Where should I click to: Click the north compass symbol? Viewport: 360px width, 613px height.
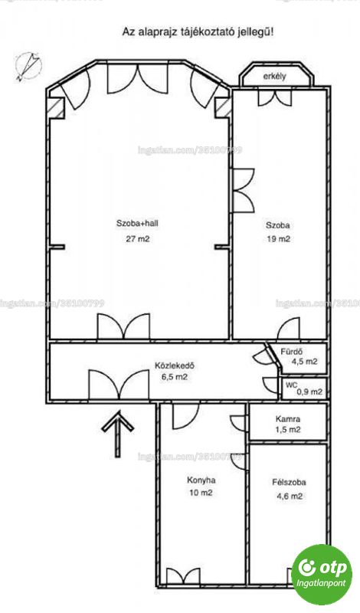click(x=28, y=66)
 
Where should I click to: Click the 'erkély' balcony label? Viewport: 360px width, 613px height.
click(x=274, y=76)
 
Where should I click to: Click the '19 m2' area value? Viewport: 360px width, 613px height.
click(x=278, y=239)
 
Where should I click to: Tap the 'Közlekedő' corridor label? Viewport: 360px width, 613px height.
click(x=175, y=366)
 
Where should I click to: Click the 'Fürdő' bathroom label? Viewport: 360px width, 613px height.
click(x=292, y=351)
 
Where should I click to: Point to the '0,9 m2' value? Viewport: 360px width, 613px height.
click(x=310, y=392)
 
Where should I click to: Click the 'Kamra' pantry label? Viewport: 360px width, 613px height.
click(x=288, y=419)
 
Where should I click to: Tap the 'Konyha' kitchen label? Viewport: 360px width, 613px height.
click(x=201, y=480)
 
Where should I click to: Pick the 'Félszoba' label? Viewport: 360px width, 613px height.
click(x=289, y=482)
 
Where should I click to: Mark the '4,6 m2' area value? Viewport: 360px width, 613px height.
click(x=289, y=497)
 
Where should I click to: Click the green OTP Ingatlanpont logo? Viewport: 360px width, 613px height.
click(x=322, y=574)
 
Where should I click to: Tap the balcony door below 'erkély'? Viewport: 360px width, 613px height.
click(x=275, y=98)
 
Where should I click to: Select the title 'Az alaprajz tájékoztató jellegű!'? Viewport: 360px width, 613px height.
click(x=198, y=31)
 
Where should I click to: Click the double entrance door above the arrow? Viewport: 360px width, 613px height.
click(x=119, y=385)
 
